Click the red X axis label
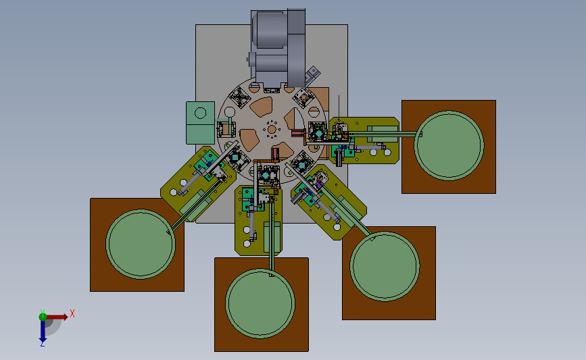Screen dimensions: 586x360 click(x=72, y=313)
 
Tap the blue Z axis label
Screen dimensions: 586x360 click(x=42, y=344)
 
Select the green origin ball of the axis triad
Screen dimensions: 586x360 click(x=43, y=317)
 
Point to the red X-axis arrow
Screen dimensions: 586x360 click(x=57, y=317)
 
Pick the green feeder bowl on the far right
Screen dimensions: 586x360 click(x=449, y=146)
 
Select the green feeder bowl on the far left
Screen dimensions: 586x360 click(x=141, y=244)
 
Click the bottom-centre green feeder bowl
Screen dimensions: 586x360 click(x=260, y=303)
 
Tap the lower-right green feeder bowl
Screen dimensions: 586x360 click(x=385, y=266)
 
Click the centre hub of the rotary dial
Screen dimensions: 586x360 click(x=272, y=130)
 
